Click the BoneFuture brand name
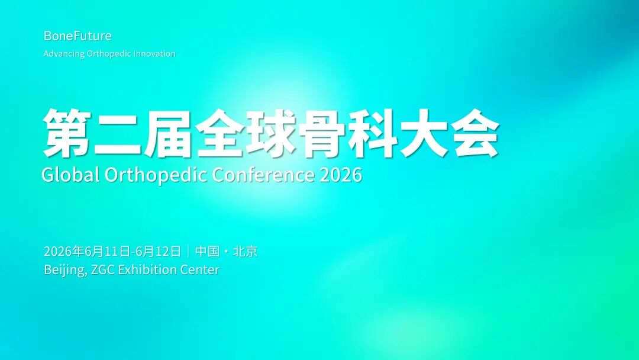78,36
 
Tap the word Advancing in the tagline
64,54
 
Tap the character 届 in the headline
169,133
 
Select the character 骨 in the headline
322,133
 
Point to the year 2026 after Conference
340,175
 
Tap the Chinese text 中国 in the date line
208,252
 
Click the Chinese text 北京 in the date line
246,252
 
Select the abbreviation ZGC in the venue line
103,270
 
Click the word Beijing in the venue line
65,271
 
